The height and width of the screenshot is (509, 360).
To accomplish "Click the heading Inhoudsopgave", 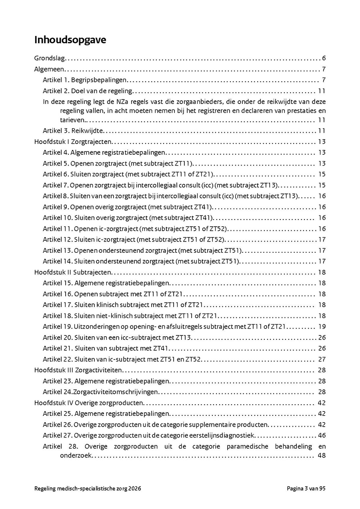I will [70, 40].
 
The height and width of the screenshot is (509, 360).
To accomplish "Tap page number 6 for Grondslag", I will [324, 58].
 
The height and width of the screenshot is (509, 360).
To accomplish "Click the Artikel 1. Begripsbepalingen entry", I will [85, 80].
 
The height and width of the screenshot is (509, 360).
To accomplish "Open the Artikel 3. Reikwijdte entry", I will [73, 131].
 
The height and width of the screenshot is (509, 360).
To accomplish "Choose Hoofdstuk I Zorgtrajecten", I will [73, 142].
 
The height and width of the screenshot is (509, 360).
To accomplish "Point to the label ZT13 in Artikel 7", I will [269, 185].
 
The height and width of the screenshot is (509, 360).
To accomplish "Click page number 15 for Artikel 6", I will [322, 174].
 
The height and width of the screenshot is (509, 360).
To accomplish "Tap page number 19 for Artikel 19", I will [322, 327].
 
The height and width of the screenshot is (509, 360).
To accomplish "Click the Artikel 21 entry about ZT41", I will [107, 348].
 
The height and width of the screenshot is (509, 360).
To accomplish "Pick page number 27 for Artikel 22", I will [322, 359].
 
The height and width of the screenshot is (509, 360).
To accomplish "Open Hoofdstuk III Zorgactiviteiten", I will [78, 370].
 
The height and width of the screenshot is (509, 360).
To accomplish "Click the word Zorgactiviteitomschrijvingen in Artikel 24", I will [116, 392].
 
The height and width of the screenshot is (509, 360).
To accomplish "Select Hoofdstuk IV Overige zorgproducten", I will [89, 403].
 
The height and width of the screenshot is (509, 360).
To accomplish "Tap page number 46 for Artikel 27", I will [322, 435].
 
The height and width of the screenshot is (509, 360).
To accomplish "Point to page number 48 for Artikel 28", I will [322, 455].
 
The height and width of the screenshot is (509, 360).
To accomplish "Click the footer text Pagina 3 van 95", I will [306, 489].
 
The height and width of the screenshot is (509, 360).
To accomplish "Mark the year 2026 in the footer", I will [134, 489].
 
